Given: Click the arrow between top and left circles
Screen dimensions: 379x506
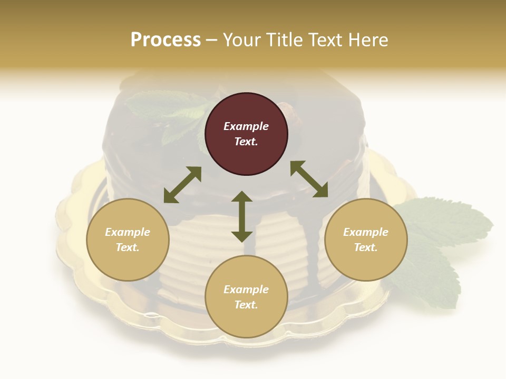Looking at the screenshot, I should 182,185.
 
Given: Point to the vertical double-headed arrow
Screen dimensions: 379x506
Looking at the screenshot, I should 242,216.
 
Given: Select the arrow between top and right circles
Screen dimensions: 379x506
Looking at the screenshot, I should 309,179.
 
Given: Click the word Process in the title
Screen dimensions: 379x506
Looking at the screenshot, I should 166,39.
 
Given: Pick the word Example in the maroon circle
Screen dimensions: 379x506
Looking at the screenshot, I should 246,126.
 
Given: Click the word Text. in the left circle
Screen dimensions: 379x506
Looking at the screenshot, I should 128,247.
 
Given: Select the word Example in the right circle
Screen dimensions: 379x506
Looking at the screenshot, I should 366,232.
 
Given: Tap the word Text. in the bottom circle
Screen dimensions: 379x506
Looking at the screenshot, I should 246,305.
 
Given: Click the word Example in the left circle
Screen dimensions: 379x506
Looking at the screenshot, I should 128,232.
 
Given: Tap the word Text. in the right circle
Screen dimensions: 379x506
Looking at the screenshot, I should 366,247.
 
